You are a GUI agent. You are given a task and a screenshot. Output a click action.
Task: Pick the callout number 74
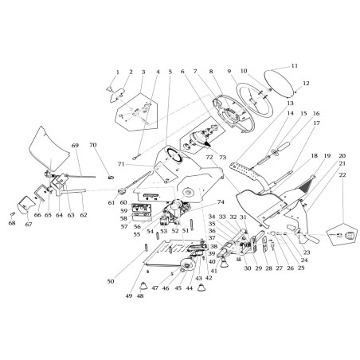pos(198,202)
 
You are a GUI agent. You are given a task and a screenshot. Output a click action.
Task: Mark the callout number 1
pos(117,72)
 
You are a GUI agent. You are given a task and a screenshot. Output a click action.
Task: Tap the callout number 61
pos(112,202)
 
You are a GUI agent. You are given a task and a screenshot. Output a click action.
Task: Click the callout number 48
pos(140,295)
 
